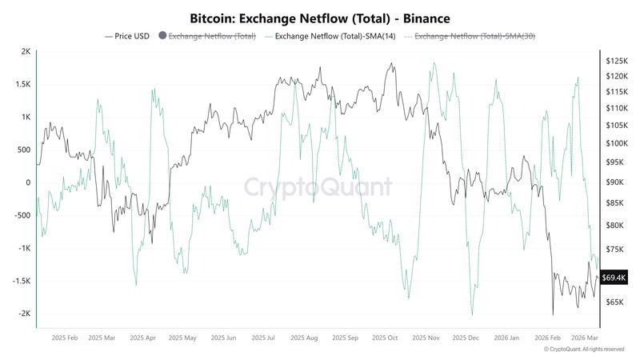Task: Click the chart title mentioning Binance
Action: (320, 17)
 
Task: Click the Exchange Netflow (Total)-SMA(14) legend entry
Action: (330, 36)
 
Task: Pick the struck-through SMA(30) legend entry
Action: (470, 36)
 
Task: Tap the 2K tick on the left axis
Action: (26, 52)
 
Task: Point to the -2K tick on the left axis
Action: (25, 314)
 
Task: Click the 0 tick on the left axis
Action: (28, 183)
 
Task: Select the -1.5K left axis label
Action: (22, 281)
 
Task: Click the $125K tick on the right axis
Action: (618, 61)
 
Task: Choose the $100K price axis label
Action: (618, 144)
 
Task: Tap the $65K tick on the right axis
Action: (616, 302)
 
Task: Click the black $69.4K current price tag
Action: (615, 277)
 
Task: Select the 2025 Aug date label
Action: (304, 338)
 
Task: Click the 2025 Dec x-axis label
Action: (466, 338)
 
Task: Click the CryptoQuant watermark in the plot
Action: (318, 187)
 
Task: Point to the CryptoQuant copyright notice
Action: (584, 350)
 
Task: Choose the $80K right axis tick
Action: (616, 226)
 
